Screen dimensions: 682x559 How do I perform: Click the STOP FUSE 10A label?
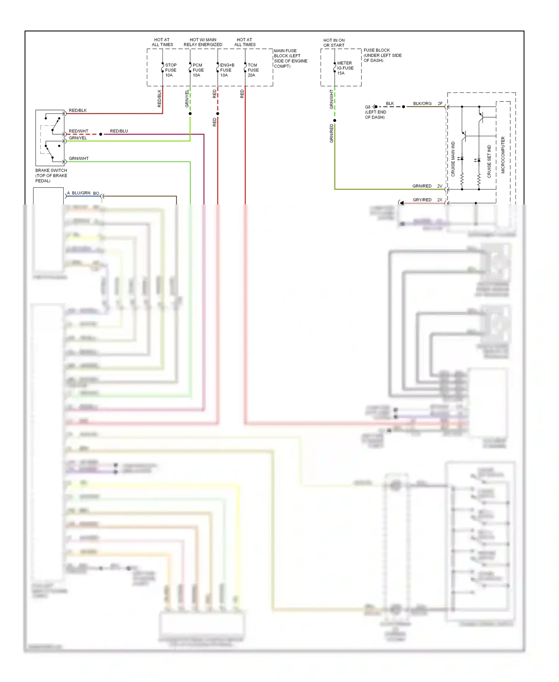171,70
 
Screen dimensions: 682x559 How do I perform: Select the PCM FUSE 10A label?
198,70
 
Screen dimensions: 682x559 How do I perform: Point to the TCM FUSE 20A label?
253,70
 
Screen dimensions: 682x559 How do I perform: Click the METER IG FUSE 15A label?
345,68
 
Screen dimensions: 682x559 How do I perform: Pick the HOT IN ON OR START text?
334,43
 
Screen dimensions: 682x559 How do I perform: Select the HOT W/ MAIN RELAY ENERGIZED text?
203,42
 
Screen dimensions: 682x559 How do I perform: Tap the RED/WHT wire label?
79,131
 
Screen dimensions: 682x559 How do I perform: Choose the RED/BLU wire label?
119,131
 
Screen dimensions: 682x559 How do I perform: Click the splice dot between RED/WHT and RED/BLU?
101,134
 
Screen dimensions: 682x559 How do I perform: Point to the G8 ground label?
367,107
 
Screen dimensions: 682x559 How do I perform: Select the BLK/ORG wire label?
422,103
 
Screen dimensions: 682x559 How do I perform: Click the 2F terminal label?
440,103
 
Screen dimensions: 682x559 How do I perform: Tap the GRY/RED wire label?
422,200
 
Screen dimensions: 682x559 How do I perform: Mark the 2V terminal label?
440,186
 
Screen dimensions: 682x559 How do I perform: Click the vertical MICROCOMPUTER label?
503,155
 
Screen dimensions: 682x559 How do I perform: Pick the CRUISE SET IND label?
489,161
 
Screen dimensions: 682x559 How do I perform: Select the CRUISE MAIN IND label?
453,159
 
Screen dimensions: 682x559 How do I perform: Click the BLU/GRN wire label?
81,193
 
